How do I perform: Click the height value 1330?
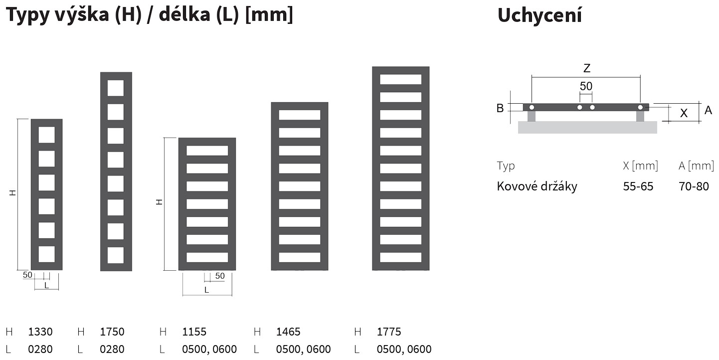pos(40,332)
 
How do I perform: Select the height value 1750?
pos(112,332)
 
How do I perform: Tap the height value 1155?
pos(194,332)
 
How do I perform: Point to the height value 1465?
pos(288,332)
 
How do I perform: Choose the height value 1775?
pos(389,332)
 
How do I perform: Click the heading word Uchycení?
pos(539,15)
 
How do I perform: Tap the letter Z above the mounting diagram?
pos(587,68)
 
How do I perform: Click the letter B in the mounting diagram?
pos(500,108)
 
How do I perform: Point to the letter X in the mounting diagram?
pos(684,113)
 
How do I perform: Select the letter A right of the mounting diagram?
pos(708,110)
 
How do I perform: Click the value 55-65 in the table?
pos(638,186)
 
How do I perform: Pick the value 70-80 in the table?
pos(694,186)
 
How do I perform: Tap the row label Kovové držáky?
pos(537,186)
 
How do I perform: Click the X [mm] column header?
pos(640,166)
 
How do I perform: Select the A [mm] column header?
pos(696,166)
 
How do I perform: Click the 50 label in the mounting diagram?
pos(586,86)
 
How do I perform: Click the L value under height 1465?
pos(303,349)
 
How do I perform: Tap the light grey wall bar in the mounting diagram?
pos(587,127)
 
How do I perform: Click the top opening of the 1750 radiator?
pos(116,88)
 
